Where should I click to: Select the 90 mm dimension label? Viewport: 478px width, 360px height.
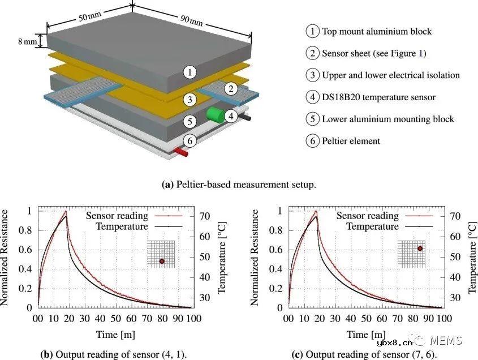point(191,22)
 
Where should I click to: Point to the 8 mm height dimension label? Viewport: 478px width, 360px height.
point(28,41)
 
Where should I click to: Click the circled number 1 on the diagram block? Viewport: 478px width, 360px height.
point(191,72)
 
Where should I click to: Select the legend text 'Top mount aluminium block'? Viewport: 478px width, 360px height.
point(377,31)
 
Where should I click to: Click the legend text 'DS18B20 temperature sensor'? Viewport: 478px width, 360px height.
point(378,97)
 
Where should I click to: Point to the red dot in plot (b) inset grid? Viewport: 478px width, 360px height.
point(162,261)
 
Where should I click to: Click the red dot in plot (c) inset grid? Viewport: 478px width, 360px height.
point(420,248)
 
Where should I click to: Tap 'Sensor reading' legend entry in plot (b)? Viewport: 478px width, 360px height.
point(117,216)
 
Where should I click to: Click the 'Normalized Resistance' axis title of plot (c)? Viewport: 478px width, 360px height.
point(256,258)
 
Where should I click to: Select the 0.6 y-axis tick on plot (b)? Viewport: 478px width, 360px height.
point(27,249)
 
